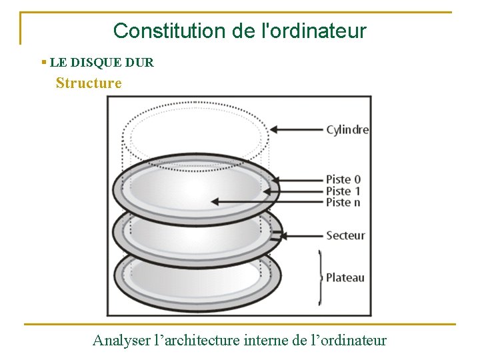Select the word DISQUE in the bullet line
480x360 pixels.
click(x=93, y=63)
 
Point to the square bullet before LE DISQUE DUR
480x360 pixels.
click(x=43, y=63)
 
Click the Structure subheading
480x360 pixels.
click(x=89, y=83)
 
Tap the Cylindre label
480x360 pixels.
click(x=347, y=130)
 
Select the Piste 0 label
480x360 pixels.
click(x=343, y=179)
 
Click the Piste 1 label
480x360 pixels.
click(x=343, y=191)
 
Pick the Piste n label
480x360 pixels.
click(x=343, y=202)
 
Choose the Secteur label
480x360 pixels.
click(x=345, y=235)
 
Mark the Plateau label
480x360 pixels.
click(x=345, y=277)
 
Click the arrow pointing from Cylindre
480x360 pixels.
click(x=296, y=130)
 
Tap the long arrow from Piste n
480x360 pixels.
click(x=267, y=201)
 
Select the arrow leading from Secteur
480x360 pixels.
click(x=300, y=235)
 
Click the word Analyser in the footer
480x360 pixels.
click(x=121, y=341)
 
